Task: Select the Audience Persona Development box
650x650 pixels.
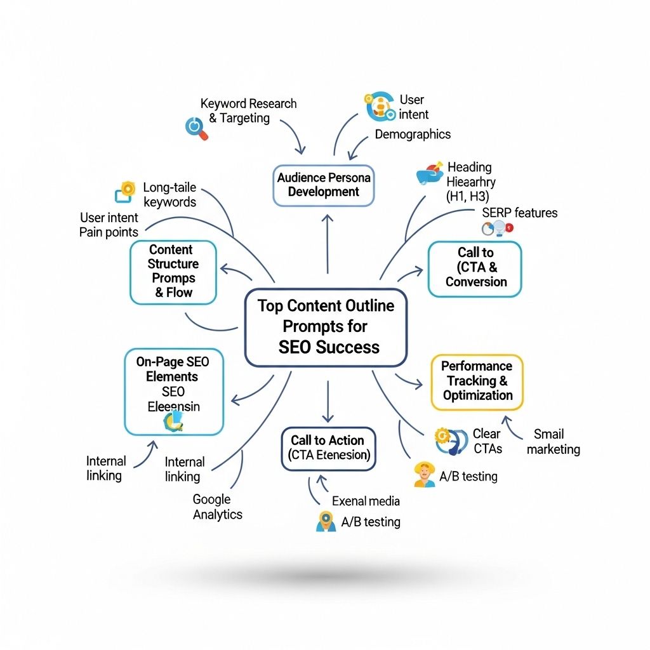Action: (x=323, y=185)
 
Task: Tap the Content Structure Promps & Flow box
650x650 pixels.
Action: (x=173, y=271)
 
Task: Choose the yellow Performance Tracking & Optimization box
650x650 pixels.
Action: (x=477, y=381)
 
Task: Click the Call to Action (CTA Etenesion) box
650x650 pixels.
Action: (x=328, y=448)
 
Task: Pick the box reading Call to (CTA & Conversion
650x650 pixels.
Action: (x=475, y=268)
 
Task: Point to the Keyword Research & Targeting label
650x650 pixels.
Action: (x=248, y=110)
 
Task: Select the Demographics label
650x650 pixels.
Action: (x=413, y=134)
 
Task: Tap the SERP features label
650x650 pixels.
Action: (x=519, y=213)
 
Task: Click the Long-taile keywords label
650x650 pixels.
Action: (x=169, y=195)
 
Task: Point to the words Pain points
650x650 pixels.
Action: (x=109, y=232)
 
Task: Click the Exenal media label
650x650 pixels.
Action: (x=366, y=501)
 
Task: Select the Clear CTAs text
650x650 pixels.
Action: (x=487, y=441)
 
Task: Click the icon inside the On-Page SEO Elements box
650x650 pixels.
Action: (x=173, y=420)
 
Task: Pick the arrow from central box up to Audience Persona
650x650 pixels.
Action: (x=328, y=244)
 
